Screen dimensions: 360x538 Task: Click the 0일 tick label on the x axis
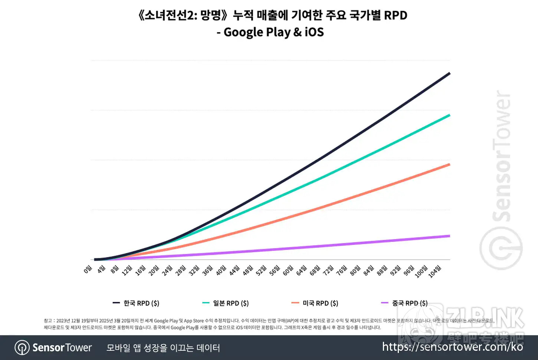[x=88, y=269]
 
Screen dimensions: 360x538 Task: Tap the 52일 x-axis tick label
[x=262, y=270]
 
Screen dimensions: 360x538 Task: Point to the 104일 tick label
[x=434, y=271]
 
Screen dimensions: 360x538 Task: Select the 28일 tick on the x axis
[x=181, y=270]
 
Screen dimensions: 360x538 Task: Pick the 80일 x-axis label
[x=355, y=270]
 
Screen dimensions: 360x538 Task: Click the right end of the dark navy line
[x=450, y=73]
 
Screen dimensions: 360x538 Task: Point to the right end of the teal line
[x=450, y=115]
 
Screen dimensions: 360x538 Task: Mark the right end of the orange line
[x=450, y=164]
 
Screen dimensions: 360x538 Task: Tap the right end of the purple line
[x=450, y=236]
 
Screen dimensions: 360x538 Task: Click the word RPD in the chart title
[x=396, y=15]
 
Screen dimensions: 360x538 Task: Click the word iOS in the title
[x=314, y=32]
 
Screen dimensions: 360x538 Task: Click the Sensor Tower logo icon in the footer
[x=22, y=348]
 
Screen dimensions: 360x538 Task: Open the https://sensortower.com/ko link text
[x=452, y=347]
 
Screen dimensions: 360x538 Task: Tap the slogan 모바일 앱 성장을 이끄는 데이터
[x=163, y=348]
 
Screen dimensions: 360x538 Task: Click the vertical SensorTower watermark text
[x=502, y=156]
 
